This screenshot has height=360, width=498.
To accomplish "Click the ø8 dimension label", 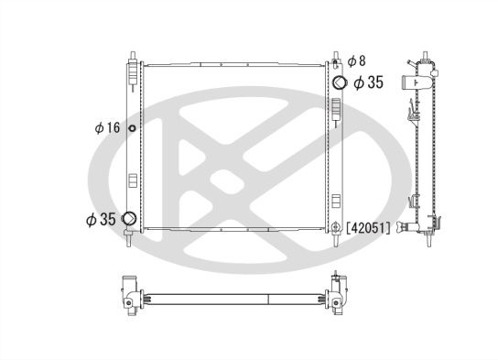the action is pyautogui.click(x=357, y=60).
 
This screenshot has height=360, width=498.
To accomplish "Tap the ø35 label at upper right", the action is pyautogui.click(x=369, y=82).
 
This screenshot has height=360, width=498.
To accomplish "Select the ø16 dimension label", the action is pyautogui.click(x=107, y=127).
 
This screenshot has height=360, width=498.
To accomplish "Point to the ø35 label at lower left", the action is pyautogui.click(x=101, y=219).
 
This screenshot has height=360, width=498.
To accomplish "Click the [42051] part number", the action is pyautogui.click(x=368, y=228).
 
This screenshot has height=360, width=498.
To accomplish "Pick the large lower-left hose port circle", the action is pyautogui.click(x=129, y=218).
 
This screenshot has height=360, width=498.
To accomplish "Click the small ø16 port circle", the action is pyautogui.click(x=132, y=128).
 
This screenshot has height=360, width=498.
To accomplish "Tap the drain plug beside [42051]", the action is pyautogui.click(x=335, y=227).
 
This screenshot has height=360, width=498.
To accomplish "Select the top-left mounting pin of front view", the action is pyautogui.click(x=133, y=57).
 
